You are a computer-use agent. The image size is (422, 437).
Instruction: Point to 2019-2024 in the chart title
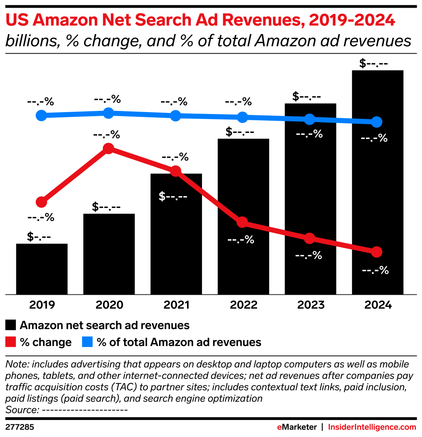(x=352, y=20)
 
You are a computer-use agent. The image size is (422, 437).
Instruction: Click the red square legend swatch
(x=11, y=342)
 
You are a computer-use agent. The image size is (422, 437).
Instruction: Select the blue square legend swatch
(x=87, y=342)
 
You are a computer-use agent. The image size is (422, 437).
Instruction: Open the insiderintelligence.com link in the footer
(x=372, y=427)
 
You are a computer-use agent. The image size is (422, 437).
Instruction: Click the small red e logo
(x=279, y=427)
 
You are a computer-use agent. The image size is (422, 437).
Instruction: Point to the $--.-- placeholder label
(x=173, y=197)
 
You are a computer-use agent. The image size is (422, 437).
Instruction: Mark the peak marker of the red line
(x=108, y=148)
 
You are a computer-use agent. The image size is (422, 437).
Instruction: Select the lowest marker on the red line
(x=376, y=252)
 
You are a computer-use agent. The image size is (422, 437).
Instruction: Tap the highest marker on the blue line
(x=108, y=113)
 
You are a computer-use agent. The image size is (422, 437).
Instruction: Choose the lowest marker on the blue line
(x=376, y=121)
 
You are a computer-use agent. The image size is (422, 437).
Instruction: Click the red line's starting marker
(x=41, y=202)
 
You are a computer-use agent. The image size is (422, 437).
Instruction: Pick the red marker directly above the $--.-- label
(x=175, y=171)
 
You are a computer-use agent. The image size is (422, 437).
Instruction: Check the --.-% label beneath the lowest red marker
(x=375, y=270)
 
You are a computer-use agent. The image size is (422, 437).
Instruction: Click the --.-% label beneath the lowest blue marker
(x=374, y=138)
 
